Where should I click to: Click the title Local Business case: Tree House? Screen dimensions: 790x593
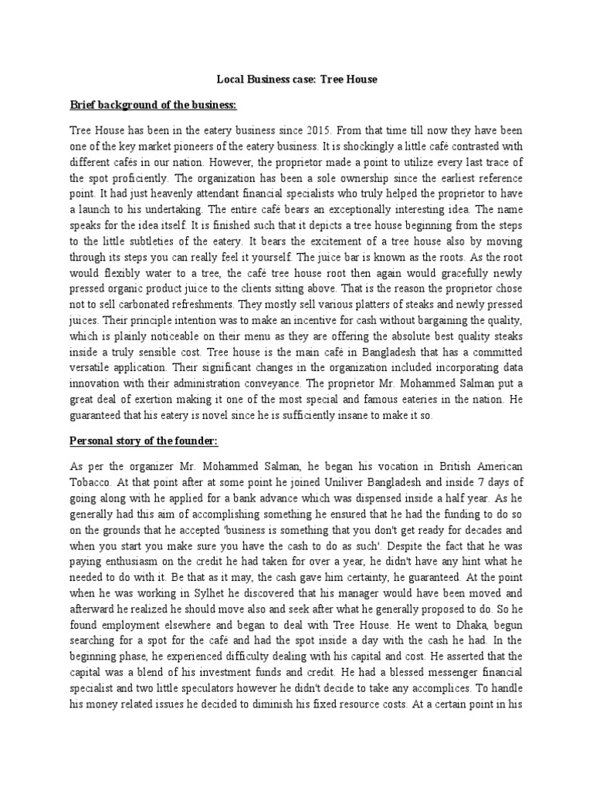(296, 79)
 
